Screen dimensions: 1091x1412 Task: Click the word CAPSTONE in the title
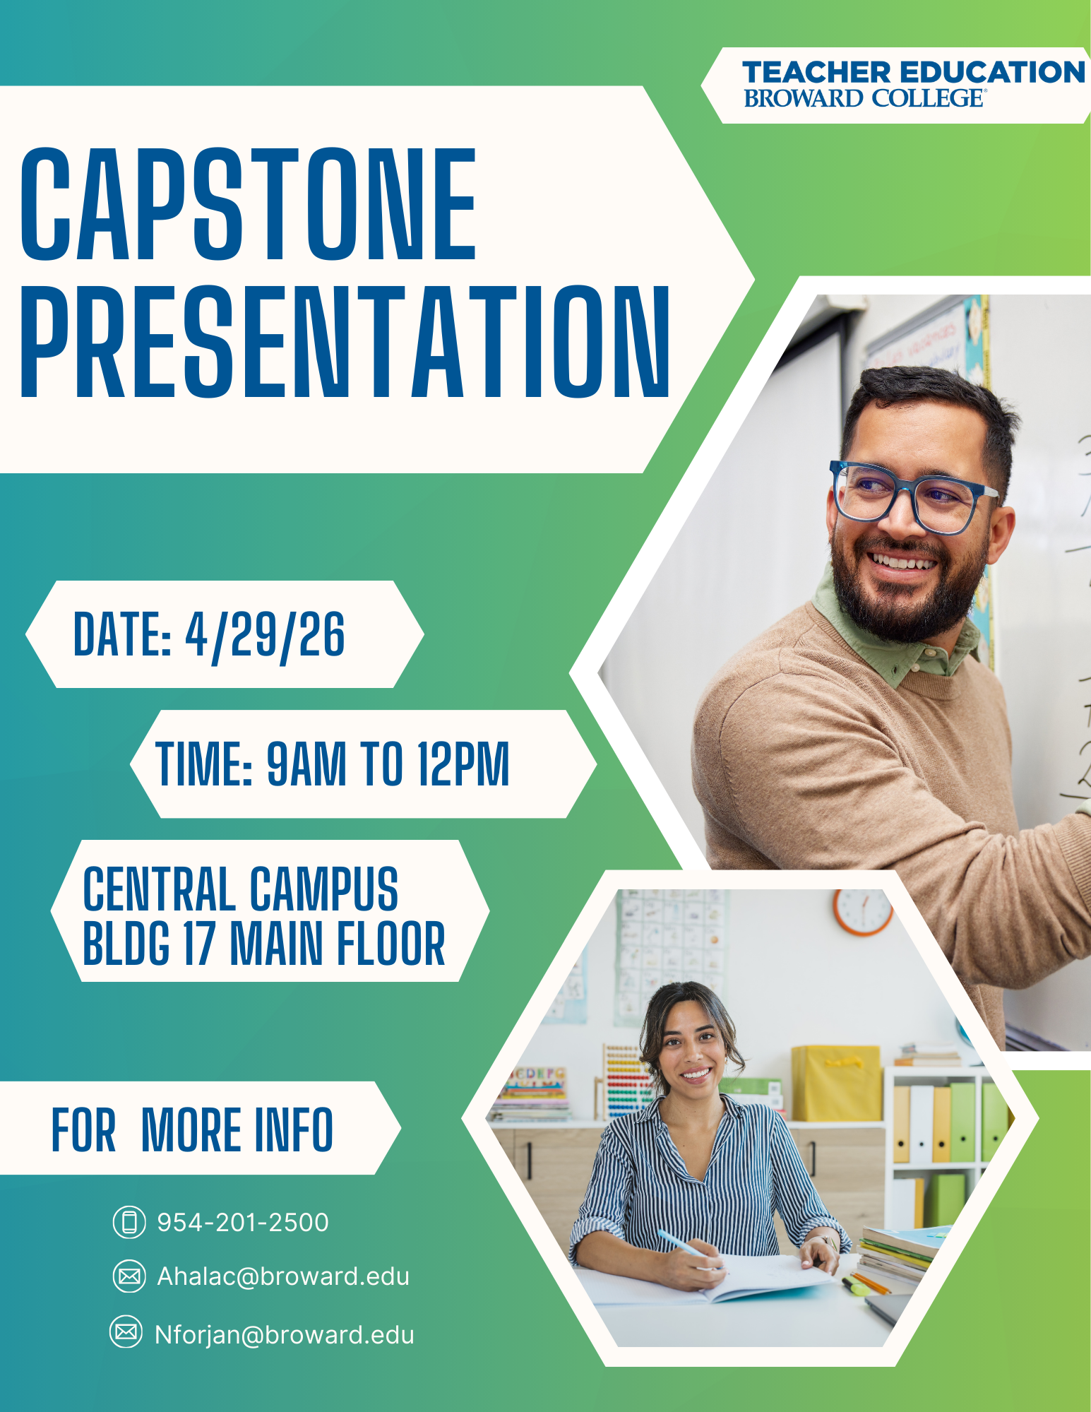tap(249, 204)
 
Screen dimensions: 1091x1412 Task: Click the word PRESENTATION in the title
tap(345, 342)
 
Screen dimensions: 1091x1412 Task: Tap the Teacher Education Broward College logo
tap(913, 84)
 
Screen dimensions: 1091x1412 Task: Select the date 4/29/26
tap(265, 635)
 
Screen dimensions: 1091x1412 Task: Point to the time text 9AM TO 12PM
tap(388, 764)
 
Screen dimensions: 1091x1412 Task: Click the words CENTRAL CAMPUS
tap(241, 889)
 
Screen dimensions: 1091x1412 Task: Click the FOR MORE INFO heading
tap(192, 1131)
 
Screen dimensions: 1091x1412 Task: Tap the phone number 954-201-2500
tap(243, 1223)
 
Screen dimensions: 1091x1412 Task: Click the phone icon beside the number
tap(129, 1222)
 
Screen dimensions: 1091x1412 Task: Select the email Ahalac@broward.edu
tap(283, 1276)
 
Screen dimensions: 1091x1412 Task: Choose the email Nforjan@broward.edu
tap(285, 1335)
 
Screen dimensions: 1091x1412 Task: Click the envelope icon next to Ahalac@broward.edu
tap(129, 1276)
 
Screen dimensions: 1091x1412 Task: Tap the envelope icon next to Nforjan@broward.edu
tap(126, 1331)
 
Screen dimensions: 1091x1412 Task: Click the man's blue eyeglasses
tap(911, 496)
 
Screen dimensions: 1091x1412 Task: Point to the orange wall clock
tap(863, 912)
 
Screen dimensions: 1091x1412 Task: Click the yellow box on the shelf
tap(837, 1084)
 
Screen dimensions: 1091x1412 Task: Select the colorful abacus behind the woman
tap(626, 1081)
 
